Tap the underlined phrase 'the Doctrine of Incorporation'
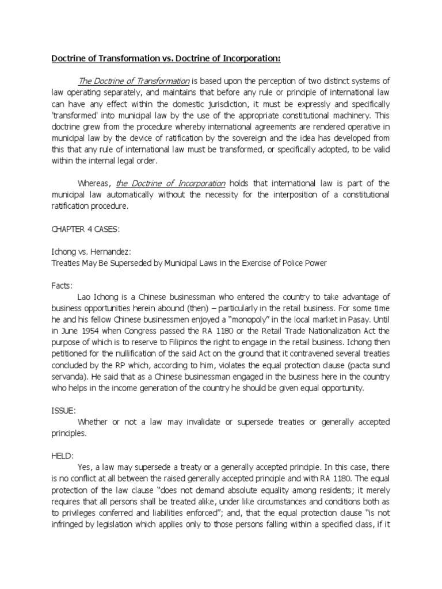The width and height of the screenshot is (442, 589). [170, 183]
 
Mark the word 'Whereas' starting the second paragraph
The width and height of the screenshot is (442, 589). [93, 183]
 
